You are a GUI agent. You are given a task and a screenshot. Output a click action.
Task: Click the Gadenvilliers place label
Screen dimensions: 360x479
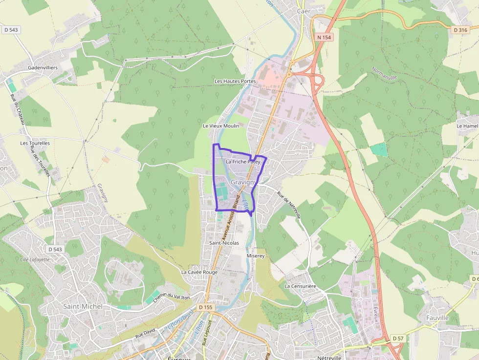tap(43, 67)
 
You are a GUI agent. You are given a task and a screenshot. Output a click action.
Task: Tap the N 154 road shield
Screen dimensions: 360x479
tap(324, 37)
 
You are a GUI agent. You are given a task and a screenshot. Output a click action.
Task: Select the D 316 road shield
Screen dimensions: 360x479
tap(460, 30)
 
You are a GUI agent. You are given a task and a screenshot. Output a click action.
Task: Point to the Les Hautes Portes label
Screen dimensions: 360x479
tap(235, 81)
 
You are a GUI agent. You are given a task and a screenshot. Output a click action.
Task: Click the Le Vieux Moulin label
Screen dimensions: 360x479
tap(221, 126)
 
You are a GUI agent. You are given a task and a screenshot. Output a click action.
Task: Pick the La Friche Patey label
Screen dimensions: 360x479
tap(243, 161)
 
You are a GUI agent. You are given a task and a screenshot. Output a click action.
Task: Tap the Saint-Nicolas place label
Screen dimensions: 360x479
tap(224, 243)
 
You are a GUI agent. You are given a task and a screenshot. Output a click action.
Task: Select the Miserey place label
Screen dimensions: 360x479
tap(256, 255)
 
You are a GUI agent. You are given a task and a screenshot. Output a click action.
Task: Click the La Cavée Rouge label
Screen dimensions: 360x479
tap(199, 272)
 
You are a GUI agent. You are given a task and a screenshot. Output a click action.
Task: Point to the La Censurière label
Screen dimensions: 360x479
tap(301, 286)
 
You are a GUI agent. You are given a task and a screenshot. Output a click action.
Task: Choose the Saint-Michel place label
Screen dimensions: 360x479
tap(83, 306)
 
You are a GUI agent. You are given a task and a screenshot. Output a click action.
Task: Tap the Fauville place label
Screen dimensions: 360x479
tap(437, 318)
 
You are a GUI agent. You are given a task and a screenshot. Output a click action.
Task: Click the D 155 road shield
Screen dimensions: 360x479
tap(206, 307)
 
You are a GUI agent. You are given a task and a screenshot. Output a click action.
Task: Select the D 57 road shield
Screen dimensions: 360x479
tap(397, 338)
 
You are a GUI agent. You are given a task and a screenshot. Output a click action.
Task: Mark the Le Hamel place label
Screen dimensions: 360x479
tap(467, 126)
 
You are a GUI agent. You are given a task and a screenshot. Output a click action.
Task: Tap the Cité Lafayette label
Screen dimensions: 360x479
tap(35, 259)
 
